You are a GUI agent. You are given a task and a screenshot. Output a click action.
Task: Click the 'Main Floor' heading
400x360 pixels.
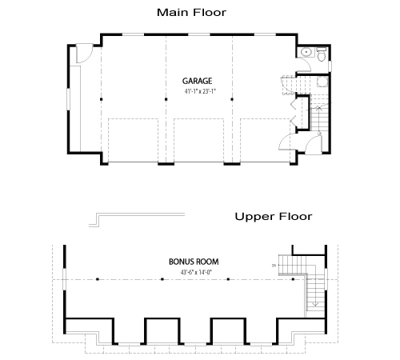pyautogui.click(x=191, y=12)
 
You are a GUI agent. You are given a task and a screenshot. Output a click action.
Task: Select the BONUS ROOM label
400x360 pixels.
pyautogui.click(x=194, y=262)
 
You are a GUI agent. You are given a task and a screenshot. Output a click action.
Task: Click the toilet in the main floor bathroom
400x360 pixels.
pyautogui.click(x=320, y=54)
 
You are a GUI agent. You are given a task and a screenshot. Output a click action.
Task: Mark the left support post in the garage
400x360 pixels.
pyautogui.click(x=101, y=99)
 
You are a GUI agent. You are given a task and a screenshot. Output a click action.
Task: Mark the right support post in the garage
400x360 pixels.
pyautogui.click(x=232, y=99)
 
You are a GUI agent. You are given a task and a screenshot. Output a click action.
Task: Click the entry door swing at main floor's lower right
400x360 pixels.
pyautogui.click(x=286, y=142)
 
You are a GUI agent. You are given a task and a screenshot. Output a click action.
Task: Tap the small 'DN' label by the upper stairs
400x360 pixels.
pyautogui.click(x=274, y=266)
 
